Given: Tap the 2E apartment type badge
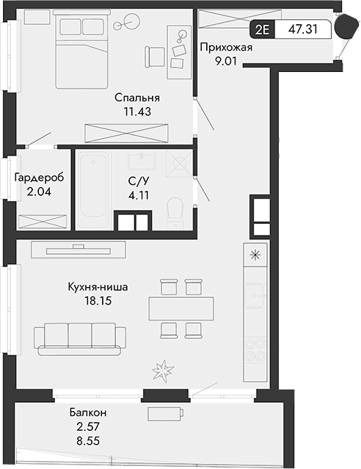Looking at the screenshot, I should [x=261, y=29].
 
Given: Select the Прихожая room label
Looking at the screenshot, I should [x=226, y=48].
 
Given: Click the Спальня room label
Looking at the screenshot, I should [x=137, y=98].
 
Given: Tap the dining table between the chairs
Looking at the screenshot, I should [x=182, y=308].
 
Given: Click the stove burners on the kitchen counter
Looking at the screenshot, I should [x=255, y=349].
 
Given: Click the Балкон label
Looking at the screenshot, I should [x=87, y=412].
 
